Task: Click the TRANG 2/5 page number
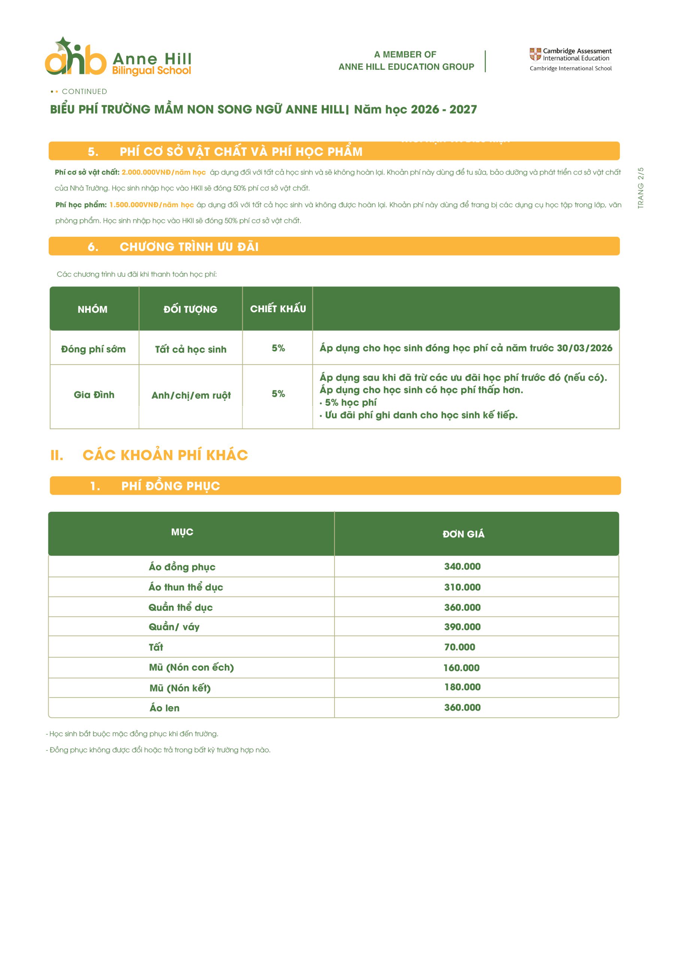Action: point(641,188)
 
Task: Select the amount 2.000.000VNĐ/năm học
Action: point(163,172)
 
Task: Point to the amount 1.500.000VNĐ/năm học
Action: point(151,205)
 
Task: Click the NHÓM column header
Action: point(92,309)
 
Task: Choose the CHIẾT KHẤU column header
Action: point(278,309)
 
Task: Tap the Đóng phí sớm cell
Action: point(93,349)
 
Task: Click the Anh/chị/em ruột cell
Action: point(191,395)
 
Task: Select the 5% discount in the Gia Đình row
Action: point(278,393)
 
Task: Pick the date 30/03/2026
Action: point(584,348)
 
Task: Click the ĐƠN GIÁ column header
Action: point(463,534)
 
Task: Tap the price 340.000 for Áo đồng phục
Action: point(462,566)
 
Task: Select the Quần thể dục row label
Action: point(181,607)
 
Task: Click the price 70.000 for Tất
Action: point(460,647)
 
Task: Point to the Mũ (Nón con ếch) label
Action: point(191,668)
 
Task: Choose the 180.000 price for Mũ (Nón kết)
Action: point(462,687)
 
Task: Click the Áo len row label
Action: point(164,708)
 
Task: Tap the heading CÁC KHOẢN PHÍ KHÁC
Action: point(165,455)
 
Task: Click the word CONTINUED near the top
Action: point(84,91)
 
